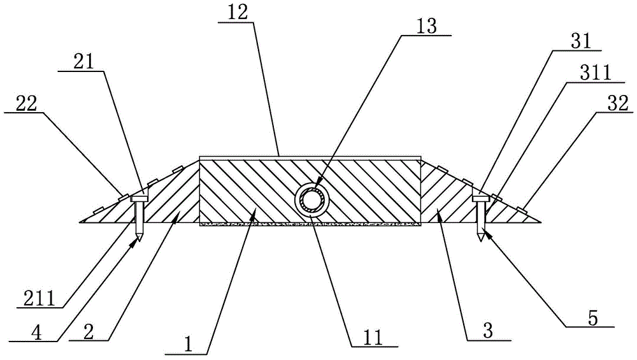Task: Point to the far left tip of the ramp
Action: [80, 221]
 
